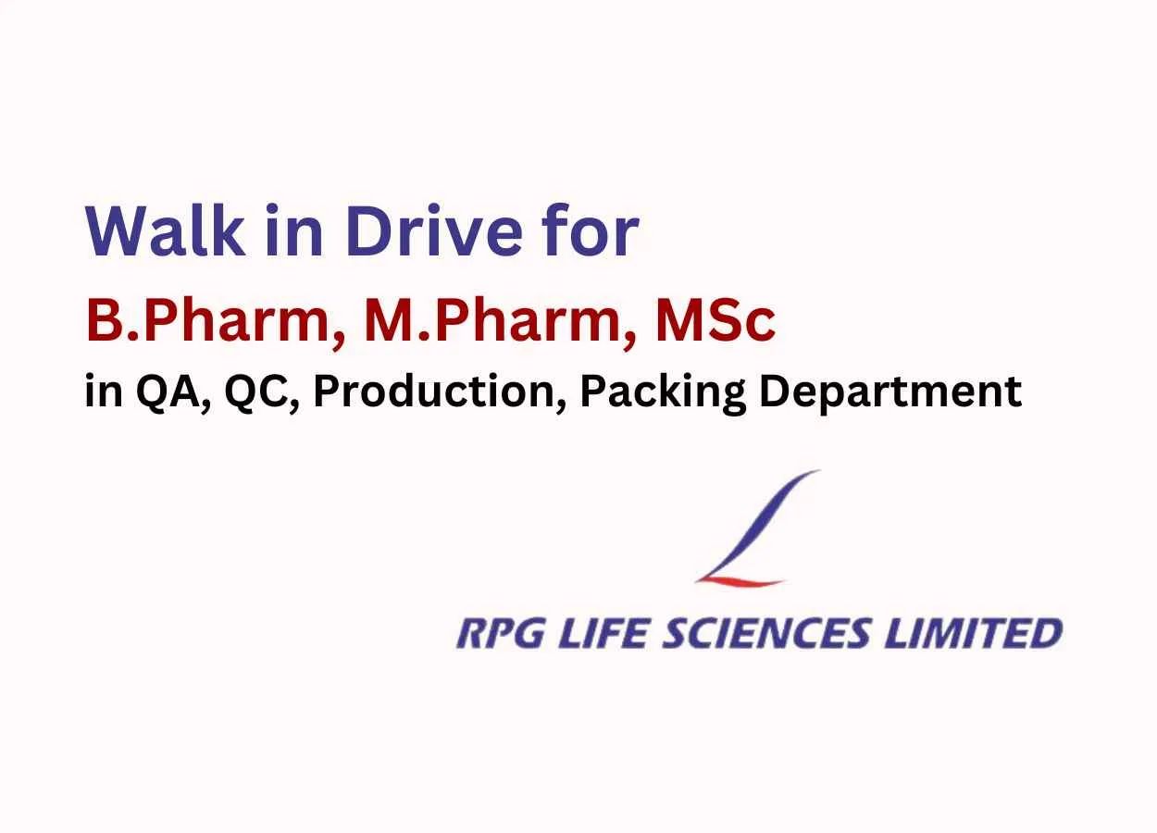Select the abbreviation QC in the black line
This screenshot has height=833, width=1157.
(x=252, y=392)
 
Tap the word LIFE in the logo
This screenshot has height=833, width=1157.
(x=586, y=634)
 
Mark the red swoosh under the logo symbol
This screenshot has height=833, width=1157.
(x=740, y=579)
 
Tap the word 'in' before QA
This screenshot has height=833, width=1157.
(x=102, y=392)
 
